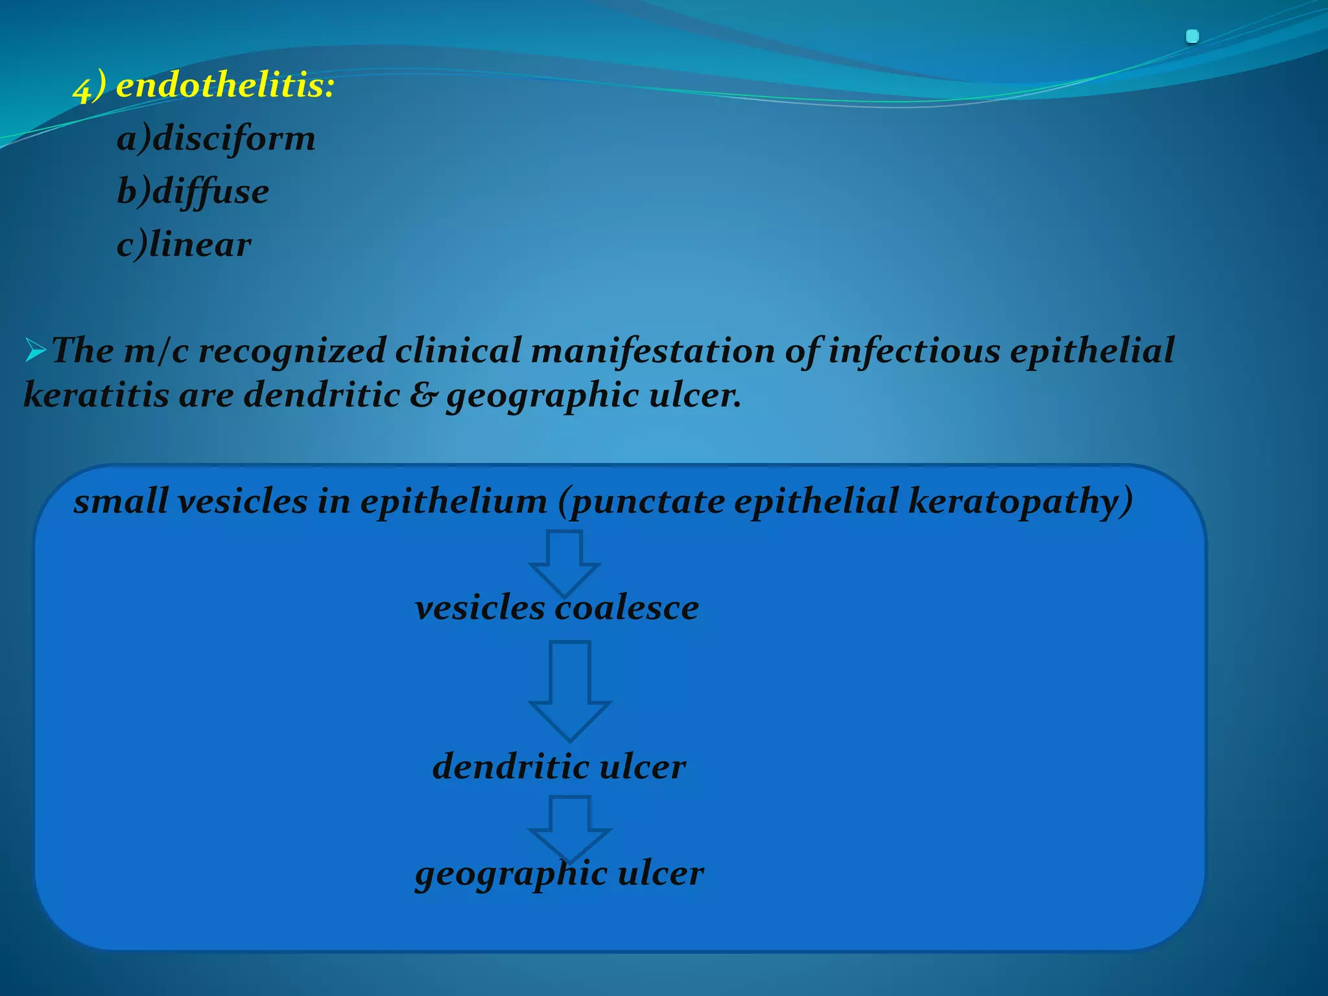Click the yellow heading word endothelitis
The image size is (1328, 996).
[x=224, y=86]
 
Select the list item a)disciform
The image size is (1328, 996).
[x=216, y=139]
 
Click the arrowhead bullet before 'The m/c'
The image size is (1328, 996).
[x=36, y=351]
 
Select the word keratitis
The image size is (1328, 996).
[x=96, y=395]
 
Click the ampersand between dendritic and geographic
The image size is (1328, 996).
[x=423, y=395]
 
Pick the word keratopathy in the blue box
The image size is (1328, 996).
[x=1020, y=501]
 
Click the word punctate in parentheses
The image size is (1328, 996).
[x=645, y=501]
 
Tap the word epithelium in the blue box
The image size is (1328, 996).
[x=454, y=501]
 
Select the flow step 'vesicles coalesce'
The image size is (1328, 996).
[x=556, y=608]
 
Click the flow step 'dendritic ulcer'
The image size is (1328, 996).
[x=559, y=766]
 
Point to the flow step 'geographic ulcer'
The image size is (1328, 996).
[x=559, y=873]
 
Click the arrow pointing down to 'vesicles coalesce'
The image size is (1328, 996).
[x=564, y=562]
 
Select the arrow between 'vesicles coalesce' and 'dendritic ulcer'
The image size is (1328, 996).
[x=570, y=689]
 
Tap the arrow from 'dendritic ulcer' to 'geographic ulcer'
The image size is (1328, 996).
[x=570, y=827]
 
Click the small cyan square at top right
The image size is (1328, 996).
[x=1192, y=37]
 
